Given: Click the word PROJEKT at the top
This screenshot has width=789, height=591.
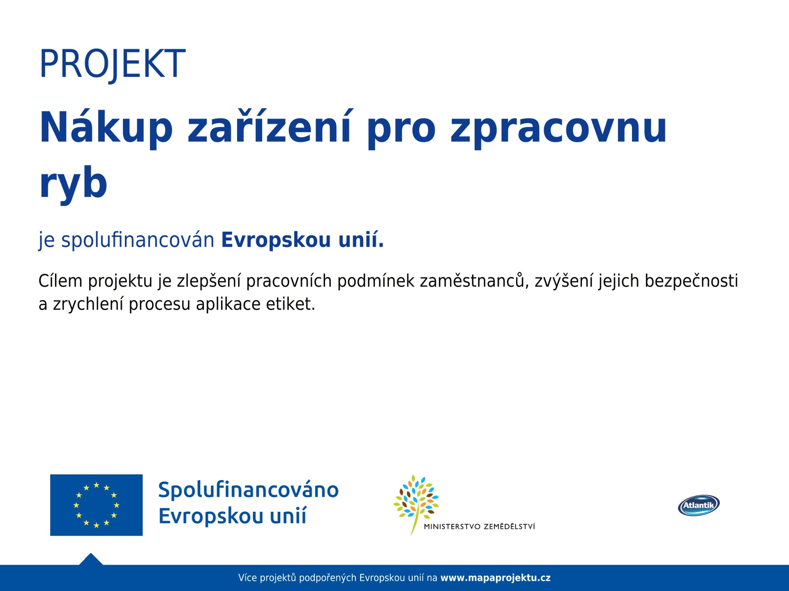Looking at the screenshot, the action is (113, 64).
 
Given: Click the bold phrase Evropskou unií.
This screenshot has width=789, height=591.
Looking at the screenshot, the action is (302, 239).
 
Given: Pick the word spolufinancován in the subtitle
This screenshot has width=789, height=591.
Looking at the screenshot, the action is (138, 240).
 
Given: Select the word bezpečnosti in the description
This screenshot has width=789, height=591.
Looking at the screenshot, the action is (691, 281).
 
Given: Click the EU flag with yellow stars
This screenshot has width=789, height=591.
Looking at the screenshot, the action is (97, 505).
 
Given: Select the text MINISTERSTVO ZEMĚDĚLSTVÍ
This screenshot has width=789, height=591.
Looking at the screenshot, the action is (480, 527).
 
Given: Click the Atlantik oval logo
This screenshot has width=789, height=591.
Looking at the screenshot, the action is (699, 505).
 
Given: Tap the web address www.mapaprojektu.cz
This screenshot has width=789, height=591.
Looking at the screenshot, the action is (496, 578).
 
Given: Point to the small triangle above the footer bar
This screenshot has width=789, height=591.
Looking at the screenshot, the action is (91, 559).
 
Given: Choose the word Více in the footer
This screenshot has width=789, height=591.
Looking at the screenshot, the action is (247, 578).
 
